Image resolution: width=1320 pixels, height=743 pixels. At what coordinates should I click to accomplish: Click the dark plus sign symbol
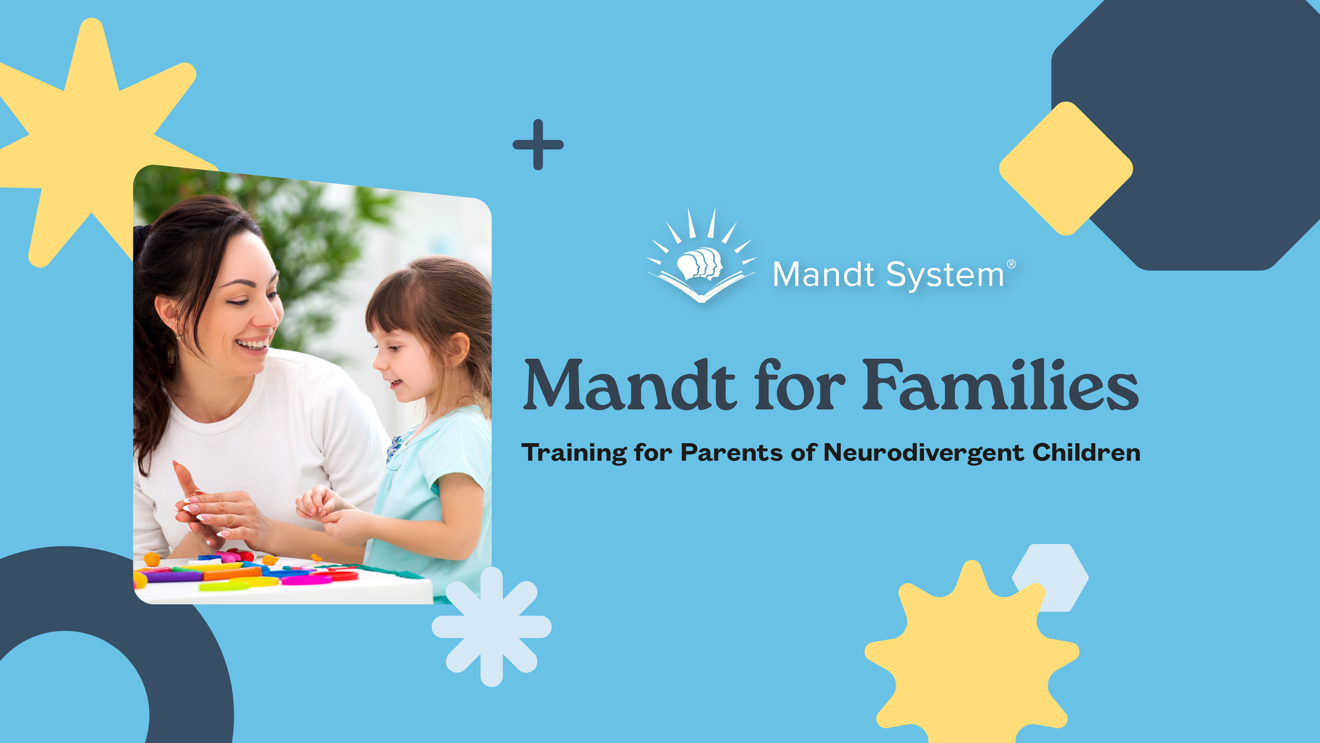pyautogui.click(x=538, y=144)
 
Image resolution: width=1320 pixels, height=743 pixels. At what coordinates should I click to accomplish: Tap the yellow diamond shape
pyautogui.click(x=1066, y=169)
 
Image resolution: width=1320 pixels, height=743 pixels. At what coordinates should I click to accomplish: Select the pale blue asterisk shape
pyautogui.click(x=492, y=627)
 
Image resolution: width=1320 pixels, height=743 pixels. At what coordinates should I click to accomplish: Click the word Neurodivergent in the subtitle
pyautogui.click(x=923, y=453)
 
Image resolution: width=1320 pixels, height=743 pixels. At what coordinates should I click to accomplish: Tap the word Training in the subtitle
pyautogui.click(x=574, y=453)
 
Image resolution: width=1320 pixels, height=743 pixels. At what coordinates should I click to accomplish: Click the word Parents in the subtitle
pyautogui.click(x=731, y=453)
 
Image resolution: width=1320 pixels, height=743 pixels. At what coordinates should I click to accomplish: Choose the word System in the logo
pyautogui.click(x=945, y=275)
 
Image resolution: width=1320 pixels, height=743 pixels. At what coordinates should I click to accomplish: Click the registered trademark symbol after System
pyautogui.click(x=1011, y=264)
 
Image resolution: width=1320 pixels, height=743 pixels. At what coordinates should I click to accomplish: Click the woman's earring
pyautogui.click(x=179, y=335)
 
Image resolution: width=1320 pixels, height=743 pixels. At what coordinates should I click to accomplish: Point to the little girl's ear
pyautogui.click(x=457, y=350)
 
